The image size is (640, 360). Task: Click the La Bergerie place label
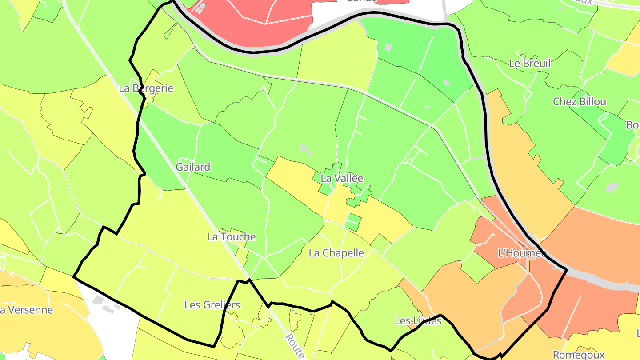tap(146, 88)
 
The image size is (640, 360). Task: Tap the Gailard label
tap(193, 167)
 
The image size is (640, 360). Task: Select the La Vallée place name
tap(342, 179)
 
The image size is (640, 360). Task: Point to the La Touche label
tap(231, 237)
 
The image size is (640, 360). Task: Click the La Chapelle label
tap(336, 253)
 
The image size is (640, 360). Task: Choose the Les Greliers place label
tap(212, 305)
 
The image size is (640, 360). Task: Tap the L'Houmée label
tap(522, 253)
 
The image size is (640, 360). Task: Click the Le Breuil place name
tap(529, 63)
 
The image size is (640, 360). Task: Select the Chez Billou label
tap(579, 102)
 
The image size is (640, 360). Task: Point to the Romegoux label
tap(578, 355)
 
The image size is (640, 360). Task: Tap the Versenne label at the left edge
tap(27, 310)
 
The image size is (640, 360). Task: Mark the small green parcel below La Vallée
tap(352, 222)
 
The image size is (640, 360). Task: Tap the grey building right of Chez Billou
tap(612, 188)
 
